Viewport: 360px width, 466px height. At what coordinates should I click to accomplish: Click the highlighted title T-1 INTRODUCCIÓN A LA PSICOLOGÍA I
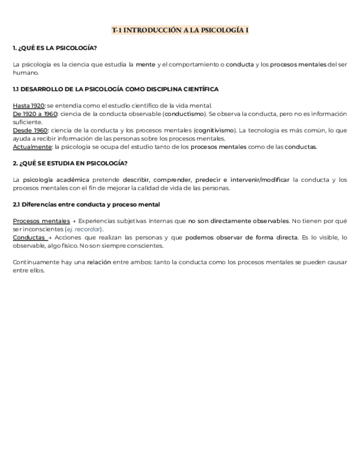click(x=180, y=31)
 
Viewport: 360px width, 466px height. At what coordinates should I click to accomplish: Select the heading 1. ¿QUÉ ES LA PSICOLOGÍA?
click(x=54, y=48)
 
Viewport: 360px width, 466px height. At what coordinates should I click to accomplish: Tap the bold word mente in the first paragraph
click(x=146, y=64)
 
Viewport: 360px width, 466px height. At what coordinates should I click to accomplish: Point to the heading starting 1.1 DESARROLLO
click(x=115, y=89)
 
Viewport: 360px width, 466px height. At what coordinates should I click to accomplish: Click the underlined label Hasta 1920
click(x=29, y=106)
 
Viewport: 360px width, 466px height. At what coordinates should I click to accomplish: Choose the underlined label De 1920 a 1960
click(x=35, y=114)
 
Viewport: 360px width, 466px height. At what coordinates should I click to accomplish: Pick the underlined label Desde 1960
click(x=30, y=130)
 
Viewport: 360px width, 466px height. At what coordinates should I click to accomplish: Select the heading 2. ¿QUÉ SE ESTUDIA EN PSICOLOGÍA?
click(x=70, y=163)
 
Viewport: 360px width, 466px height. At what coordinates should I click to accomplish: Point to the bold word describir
click(x=136, y=180)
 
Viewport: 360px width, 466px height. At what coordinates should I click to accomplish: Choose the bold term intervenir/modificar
click(x=259, y=180)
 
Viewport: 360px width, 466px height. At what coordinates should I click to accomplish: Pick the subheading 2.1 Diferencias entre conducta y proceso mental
click(x=86, y=204)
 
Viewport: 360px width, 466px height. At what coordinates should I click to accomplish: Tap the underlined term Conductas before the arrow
click(x=29, y=237)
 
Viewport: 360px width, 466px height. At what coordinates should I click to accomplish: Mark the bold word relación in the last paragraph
click(x=99, y=262)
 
